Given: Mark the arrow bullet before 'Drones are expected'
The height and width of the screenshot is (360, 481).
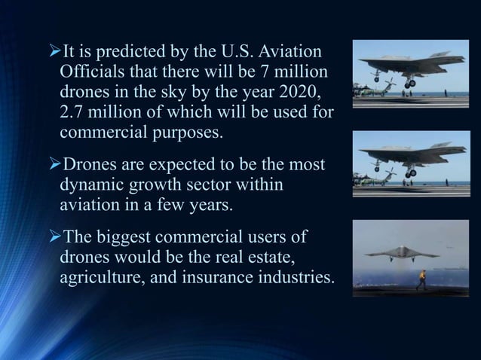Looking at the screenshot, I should [53, 164].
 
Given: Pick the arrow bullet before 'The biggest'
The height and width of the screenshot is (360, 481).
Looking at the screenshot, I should [53, 238].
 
